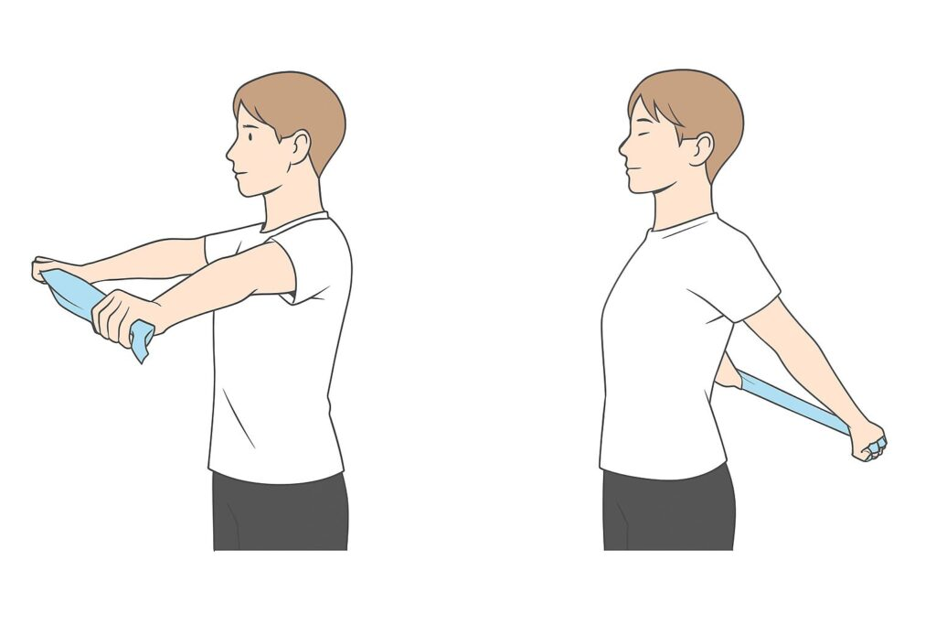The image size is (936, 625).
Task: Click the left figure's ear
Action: click(298, 146)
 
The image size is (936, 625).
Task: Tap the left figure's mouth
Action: click(236, 171)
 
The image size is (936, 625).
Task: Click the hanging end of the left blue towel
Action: click(141, 342)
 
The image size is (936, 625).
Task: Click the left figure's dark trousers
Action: click(280, 512)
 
